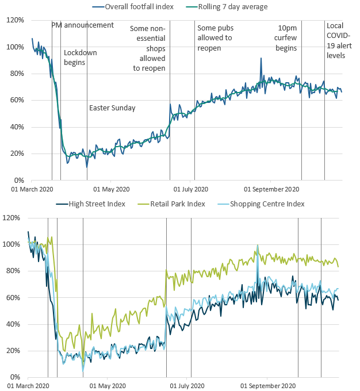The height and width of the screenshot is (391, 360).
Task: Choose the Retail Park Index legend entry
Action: (177, 204)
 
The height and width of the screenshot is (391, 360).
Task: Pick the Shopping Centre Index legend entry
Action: (266, 204)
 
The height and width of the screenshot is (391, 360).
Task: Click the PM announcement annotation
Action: (82, 25)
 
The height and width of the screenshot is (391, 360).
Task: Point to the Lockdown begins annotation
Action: (80, 57)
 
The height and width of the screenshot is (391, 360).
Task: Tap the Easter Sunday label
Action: (112, 108)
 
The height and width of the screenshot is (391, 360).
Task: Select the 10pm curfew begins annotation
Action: (287, 38)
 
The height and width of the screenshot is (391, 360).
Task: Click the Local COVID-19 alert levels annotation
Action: (335, 41)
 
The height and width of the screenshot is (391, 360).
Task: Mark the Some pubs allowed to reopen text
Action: (215, 38)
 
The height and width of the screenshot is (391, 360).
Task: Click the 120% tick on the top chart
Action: (15, 20)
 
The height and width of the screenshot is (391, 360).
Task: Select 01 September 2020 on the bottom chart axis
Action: (269, 386)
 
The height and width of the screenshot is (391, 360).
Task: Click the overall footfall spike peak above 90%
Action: (261, 58)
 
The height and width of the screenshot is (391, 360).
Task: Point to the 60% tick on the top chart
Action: (15, 100)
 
